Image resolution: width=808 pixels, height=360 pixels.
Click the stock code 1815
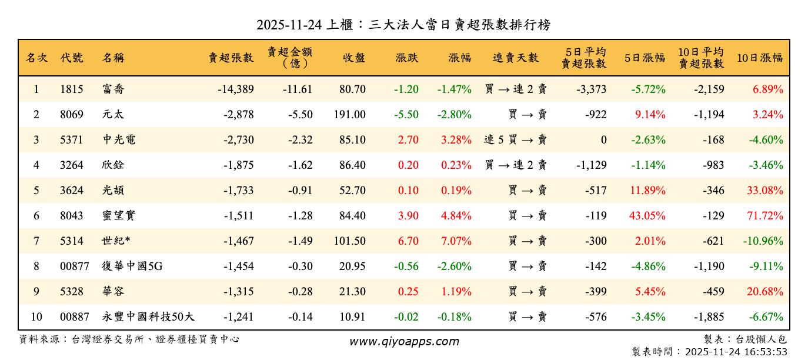tap(72, 89)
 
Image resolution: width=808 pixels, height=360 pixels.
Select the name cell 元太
tap(112, 115)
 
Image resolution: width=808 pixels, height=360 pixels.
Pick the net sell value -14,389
tap(235, 89)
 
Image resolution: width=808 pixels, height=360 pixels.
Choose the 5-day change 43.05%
tap(647, 216)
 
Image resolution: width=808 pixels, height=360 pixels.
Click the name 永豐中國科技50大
tap(148, 317)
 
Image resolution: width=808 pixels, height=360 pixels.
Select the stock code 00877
tap(75, 266)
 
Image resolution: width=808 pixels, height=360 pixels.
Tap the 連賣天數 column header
tap(516, 58)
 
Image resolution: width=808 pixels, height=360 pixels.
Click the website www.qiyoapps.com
tap(404, 341)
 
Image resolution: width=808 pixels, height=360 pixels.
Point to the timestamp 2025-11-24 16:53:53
tap(736, 352)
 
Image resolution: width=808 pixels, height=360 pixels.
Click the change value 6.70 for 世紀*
tap(408, 241)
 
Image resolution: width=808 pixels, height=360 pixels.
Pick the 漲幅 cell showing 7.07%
tap(456, 241)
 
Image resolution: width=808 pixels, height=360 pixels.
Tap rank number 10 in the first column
tap(36, 317)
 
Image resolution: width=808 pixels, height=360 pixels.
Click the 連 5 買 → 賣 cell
tap(516, 140)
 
